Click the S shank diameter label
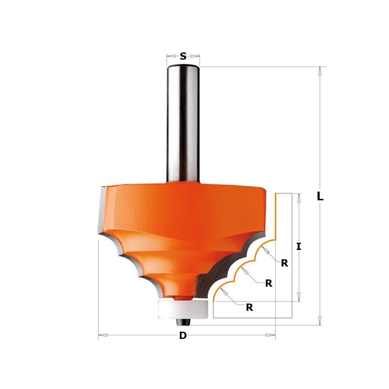183,56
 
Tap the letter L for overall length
319,196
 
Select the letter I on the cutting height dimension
299,247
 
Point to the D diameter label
183,336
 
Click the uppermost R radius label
284,263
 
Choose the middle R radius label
268,283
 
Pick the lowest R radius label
249,307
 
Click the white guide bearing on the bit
183,309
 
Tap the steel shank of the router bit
183,122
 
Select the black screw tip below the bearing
183,322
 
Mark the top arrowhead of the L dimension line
319,71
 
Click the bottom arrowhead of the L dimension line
319,320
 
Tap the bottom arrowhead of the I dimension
299,297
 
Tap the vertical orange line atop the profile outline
276,214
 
